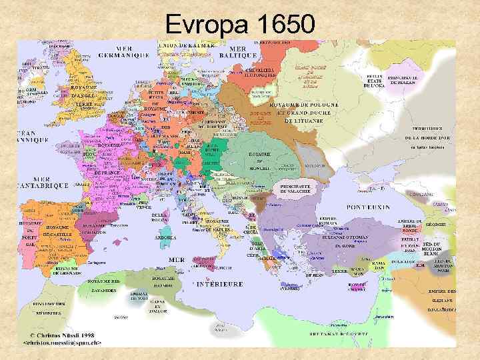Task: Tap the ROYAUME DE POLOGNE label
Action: point(303,105)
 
